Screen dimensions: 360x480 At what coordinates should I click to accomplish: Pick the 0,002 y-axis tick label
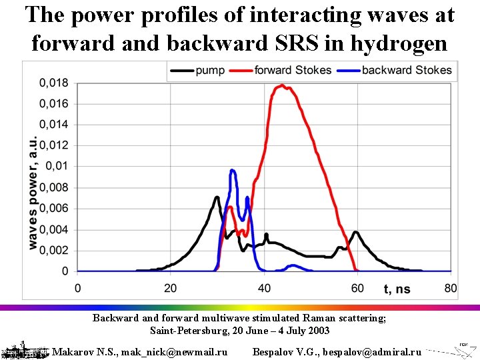coord(54,250)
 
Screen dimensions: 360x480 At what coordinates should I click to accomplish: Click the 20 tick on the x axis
coord(171,288)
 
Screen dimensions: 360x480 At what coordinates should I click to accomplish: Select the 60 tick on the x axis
coord(357,288)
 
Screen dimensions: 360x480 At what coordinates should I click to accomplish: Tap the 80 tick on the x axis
coord(451,288)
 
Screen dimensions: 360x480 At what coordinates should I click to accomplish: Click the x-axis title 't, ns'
coord(398,289)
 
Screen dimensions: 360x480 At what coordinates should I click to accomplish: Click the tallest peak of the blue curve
coord(233,171)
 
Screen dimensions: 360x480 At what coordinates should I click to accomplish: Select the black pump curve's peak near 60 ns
coord(356,232)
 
